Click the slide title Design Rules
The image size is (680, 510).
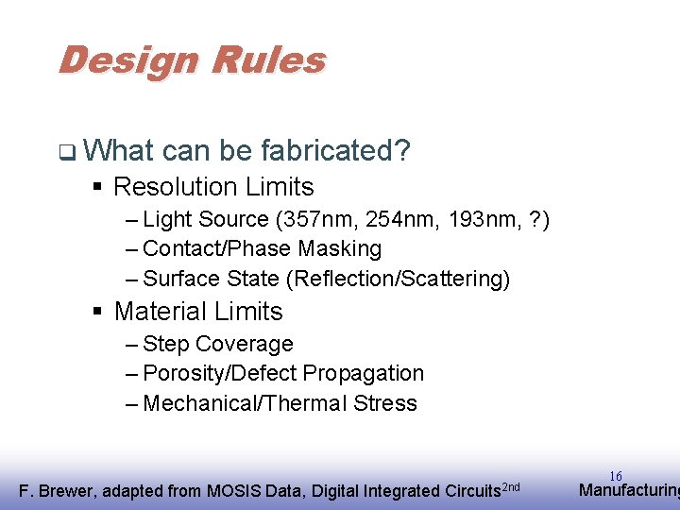pyautogui.click(x=192, y=61)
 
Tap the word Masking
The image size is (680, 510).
pyautogui.click(x=339, y=249)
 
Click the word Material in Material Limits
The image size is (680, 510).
pyautogui.click(x=162, y=312)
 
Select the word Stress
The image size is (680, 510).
pyautogui.click(x=385, y=404)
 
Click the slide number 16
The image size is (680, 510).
pyautogui.click(x=615, y=476)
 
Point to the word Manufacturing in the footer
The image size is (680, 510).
pyautogui.click(x=628, y=490)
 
